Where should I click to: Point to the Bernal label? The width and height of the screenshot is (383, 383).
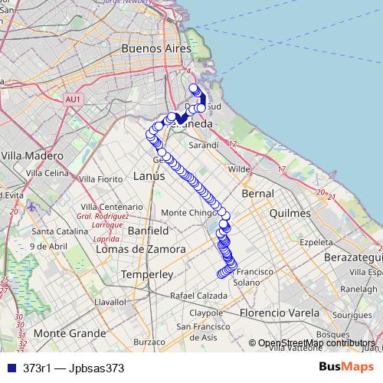tap(257, 195)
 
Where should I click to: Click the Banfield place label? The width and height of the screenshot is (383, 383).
tap(149, 230)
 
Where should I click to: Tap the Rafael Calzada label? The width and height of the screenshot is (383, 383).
tap(199, 295)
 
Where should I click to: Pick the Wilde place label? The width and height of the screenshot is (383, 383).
tap(240, 169)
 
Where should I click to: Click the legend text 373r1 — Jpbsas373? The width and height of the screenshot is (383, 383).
tap(74, 368)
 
